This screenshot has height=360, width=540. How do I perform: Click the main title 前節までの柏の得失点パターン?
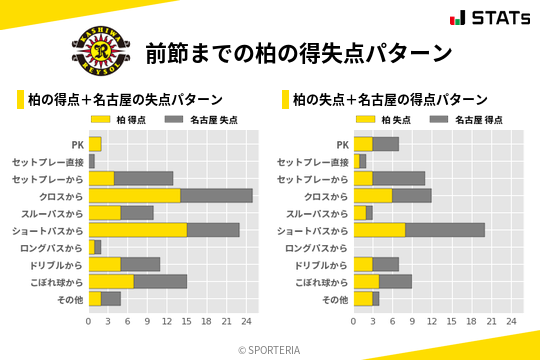(x=299, y=52)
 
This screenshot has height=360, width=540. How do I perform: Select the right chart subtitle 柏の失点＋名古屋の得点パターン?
(x=390, y=100)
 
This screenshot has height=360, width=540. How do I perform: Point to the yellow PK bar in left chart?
(x=95, y=144)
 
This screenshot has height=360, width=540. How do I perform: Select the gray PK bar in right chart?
(x=386, y=144)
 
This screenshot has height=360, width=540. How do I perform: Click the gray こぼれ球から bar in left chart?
(x=160, y=281)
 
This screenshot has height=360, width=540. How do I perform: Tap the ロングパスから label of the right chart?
(x=317, y=248)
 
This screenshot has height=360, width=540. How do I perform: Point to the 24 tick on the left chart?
(x=246, y=322)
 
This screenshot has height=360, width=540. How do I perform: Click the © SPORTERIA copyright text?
(x=270, y=349)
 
